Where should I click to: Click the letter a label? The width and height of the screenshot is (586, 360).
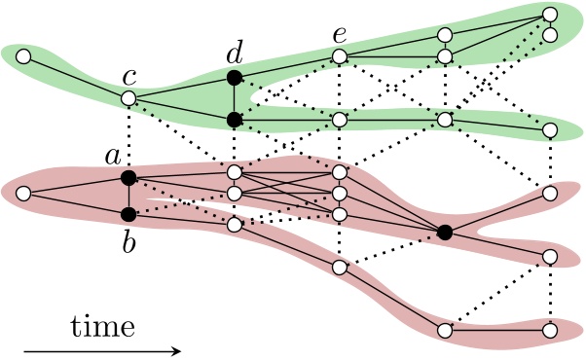112,155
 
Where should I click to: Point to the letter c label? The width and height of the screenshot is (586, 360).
128,75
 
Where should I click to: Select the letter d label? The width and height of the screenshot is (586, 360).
233,50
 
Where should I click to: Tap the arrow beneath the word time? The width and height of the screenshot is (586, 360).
102,348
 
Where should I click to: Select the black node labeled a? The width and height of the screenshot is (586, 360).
128,177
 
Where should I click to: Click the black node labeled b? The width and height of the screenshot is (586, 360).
128,213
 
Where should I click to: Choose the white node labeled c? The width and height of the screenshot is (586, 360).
128,98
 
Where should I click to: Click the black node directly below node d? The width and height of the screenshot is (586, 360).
234,119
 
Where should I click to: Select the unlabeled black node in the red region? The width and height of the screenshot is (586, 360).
445,232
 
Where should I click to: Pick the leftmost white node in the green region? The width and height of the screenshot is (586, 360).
22,55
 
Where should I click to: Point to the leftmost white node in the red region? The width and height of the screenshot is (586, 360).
22,194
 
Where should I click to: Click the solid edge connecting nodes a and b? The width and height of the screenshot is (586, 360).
128,196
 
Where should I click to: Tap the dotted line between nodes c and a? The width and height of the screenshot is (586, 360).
128,137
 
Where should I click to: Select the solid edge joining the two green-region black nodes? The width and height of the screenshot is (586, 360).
234,97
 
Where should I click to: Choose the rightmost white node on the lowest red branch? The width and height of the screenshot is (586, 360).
551,331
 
